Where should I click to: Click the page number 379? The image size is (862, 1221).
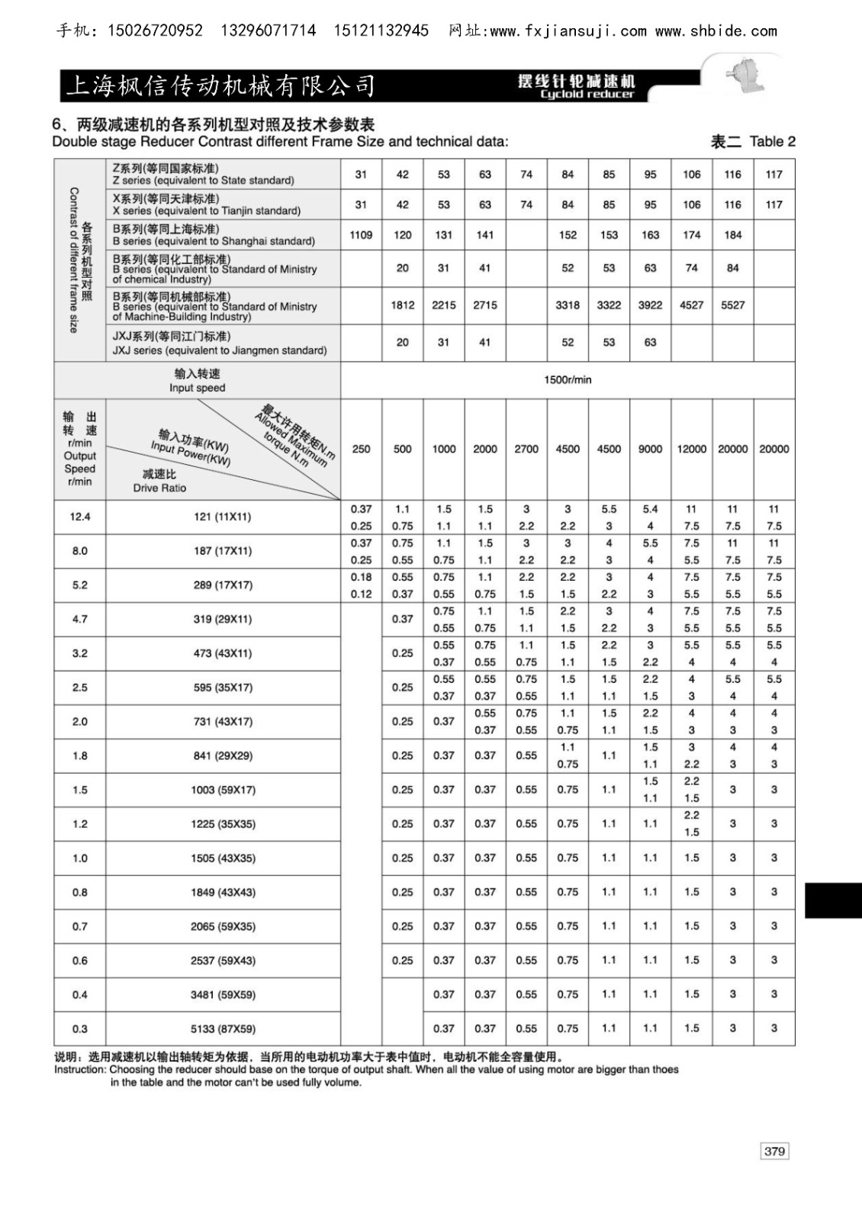(774, 1151)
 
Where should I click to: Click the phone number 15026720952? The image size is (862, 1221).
(156, 31)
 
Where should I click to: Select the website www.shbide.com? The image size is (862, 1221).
(716, 31)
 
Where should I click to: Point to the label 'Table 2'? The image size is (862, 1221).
(772, 141)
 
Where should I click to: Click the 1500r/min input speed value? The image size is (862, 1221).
(568, 379)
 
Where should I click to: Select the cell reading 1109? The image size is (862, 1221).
(361, 235)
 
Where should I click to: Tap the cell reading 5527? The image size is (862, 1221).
(732, 304)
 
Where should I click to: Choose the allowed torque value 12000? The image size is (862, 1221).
(691, 449)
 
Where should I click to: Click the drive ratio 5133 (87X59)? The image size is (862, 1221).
(223, 1029)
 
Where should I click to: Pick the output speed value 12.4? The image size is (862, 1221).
(80, 517)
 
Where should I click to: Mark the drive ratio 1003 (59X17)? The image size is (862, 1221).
(223, 790)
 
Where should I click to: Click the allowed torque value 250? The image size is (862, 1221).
(361, 449)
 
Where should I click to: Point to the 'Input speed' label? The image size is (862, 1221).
(197, 388)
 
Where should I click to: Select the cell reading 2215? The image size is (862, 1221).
(443, 304)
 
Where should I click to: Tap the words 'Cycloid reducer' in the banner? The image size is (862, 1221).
(587, 95)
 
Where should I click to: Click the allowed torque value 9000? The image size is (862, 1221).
(650, 449)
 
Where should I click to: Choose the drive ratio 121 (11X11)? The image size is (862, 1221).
(223, 517)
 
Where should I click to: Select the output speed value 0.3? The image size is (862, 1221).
(80, 1029)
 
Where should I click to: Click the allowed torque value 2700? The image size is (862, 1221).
(526, 449)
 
